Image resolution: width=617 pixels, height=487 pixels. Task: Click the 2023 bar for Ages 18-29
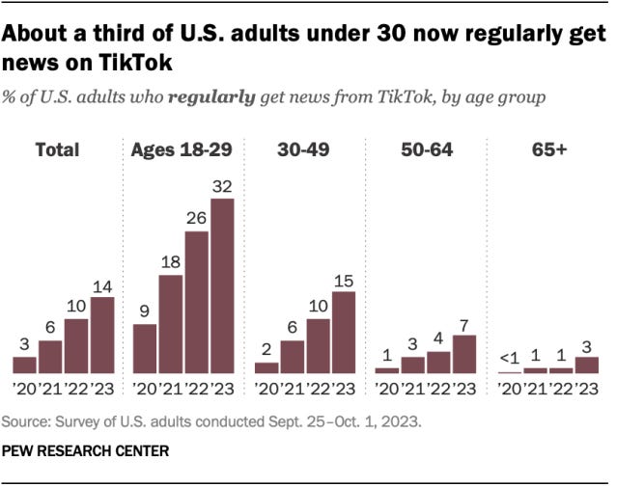tap(222, 285)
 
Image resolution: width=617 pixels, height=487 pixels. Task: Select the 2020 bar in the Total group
tap(25, 365)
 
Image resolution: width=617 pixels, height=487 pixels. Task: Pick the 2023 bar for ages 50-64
tap(464, 354)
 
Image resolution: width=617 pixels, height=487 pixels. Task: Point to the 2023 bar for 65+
tap(586, 365)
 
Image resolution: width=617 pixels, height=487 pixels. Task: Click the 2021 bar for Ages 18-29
tap(171, 324)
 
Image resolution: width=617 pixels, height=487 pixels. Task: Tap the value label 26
tap(197, 220)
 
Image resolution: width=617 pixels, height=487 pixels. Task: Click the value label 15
tap(343, 280)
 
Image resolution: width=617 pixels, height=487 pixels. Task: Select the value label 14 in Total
tap(101, 285)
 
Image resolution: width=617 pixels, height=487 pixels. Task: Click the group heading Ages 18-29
tap(182, 149)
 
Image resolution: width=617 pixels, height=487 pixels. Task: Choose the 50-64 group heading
tap(426, 149)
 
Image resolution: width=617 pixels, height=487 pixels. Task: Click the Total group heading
tap(57, 149)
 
